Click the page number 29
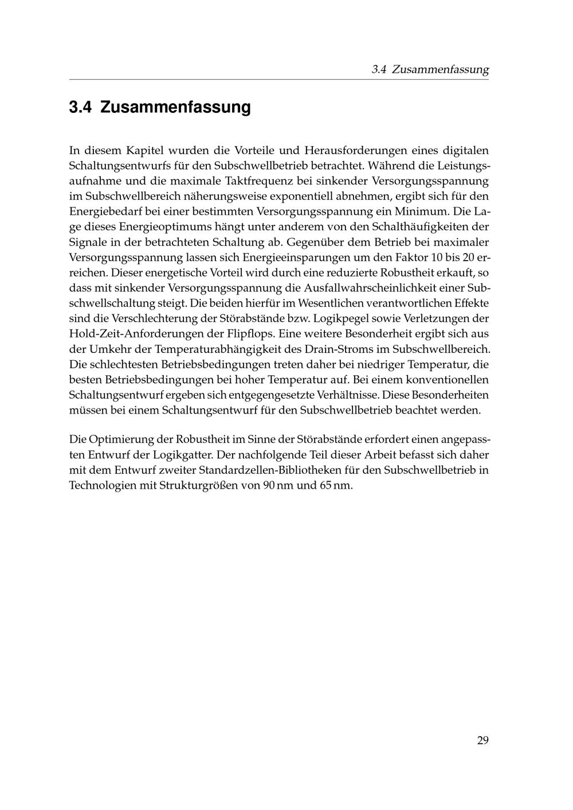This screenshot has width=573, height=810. (x=482, y=741)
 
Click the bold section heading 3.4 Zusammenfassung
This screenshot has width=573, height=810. (x=160, y=107)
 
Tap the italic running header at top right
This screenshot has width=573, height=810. (x=430, y=70)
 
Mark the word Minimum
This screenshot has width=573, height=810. (x=421, y=211)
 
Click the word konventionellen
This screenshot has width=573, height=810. (x=445, y=379)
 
